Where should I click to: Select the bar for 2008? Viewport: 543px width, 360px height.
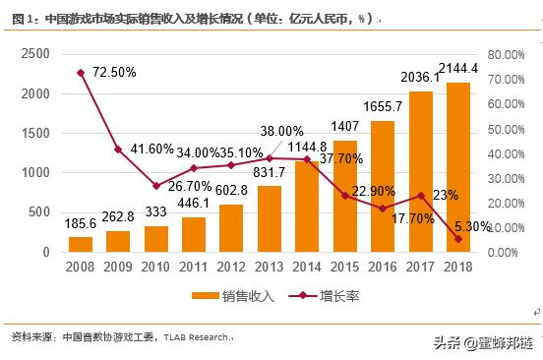click(x=81, y=244)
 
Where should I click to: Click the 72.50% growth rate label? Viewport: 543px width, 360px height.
click(x=113, y=73)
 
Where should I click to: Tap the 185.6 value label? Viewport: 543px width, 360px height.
click(x=81, y=223)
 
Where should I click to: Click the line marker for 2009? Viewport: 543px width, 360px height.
click(x=118, y=150)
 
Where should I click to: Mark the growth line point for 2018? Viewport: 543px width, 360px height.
click(x=458, y=239)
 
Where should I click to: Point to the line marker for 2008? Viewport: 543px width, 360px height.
click(x=81, y=73)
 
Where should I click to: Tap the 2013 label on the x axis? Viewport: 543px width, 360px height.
click(x=270, y=267)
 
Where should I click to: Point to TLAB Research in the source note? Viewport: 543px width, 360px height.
click(x=201, y=337)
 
